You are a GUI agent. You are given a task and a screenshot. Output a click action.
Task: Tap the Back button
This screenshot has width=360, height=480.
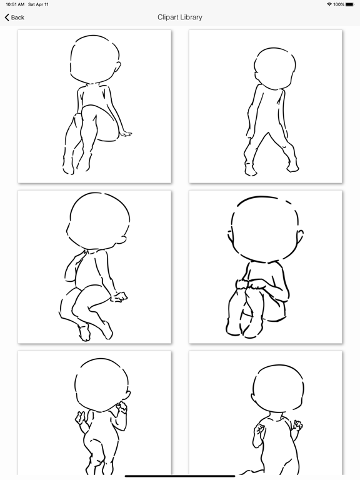pyautogui.click(x=14, y=17)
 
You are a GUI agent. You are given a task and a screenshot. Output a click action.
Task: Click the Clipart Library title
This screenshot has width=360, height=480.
pyautogui.click(x=180, y=17)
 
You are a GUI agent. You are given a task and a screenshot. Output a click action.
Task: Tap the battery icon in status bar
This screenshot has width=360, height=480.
pyautogui.click(x=350, y=4)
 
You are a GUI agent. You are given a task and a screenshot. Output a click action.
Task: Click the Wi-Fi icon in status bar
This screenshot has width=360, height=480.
pyautogui.click(x=329, y=4)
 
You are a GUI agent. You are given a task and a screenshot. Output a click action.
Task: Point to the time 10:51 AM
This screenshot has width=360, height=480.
pyautogui.click(x=15, y=4)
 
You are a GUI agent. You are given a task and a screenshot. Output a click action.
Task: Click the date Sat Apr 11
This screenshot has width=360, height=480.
pyautogui.click(x=38, y=4)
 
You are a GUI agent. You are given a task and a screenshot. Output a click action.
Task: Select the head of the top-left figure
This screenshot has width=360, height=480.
pyautogui.click(x=95, y=59)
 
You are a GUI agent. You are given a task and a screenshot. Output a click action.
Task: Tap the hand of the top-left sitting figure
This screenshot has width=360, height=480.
pyautogui.click(x=126, y=134)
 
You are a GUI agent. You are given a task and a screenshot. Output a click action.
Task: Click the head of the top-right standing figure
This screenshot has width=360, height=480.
pyautogui.click(x=275, y=69)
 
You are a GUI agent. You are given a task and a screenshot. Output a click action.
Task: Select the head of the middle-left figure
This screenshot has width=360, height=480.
pyautogui.click(x=97, y=221)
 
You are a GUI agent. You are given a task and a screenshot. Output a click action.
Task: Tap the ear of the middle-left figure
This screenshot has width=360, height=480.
pyautogui.click(x=122, y=240)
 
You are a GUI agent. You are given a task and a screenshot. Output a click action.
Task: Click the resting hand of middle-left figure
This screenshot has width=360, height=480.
pyautogui.click(x=119, y=297)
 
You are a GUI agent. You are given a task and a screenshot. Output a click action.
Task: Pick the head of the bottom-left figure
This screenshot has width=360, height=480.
pyautogui.click(x=102, y=385)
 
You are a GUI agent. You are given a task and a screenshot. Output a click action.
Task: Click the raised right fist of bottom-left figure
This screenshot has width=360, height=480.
pyautogui.click(x=122, y=406)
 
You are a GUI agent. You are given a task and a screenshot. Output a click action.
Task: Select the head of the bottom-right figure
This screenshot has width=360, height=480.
pyautogui.click(x=278, y=387)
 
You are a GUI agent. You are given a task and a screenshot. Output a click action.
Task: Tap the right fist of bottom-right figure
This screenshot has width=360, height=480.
pyautogui.click(x=298, y=426)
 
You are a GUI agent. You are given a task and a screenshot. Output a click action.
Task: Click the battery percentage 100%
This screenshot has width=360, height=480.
pyautogui.click(x=339, y=4)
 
